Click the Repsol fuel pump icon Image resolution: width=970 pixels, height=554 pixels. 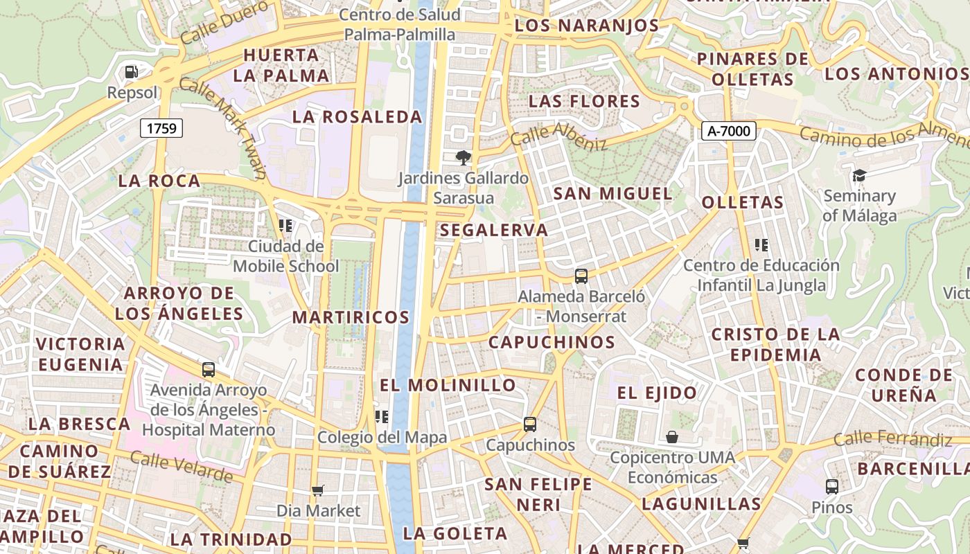coord(131,71)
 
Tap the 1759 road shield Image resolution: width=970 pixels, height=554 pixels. coord(161,127)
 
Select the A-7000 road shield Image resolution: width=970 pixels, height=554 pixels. coord(728,131)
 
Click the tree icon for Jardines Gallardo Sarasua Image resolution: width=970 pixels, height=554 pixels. coord(462,158)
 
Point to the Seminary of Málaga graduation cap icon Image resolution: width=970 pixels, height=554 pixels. coord(859,175)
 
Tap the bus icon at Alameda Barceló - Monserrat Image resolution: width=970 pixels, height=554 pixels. coord(581,276)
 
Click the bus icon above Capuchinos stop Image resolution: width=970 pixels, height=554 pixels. coord(530,424)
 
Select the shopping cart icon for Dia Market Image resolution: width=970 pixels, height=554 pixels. coord(317,490)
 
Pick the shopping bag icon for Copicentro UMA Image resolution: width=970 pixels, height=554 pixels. coord(671,437)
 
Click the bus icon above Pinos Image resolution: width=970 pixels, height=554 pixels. coord(832,486)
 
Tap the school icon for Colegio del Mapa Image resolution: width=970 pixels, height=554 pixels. coord(381,416)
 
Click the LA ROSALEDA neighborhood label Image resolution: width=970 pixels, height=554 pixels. coord(357,117)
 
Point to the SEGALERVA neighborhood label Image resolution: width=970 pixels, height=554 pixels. coord(493,230)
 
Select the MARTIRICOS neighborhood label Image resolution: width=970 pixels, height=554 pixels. coord(351,317)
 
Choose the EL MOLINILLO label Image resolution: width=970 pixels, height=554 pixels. coord(448,385)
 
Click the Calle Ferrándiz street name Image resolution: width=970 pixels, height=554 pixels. coord(892,438)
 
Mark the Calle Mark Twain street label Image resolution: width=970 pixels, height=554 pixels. coord(222,128)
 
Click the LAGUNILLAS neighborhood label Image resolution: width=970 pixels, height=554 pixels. coord(701,503)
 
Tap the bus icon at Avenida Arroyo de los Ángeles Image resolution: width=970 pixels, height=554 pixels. coord(208,370)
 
